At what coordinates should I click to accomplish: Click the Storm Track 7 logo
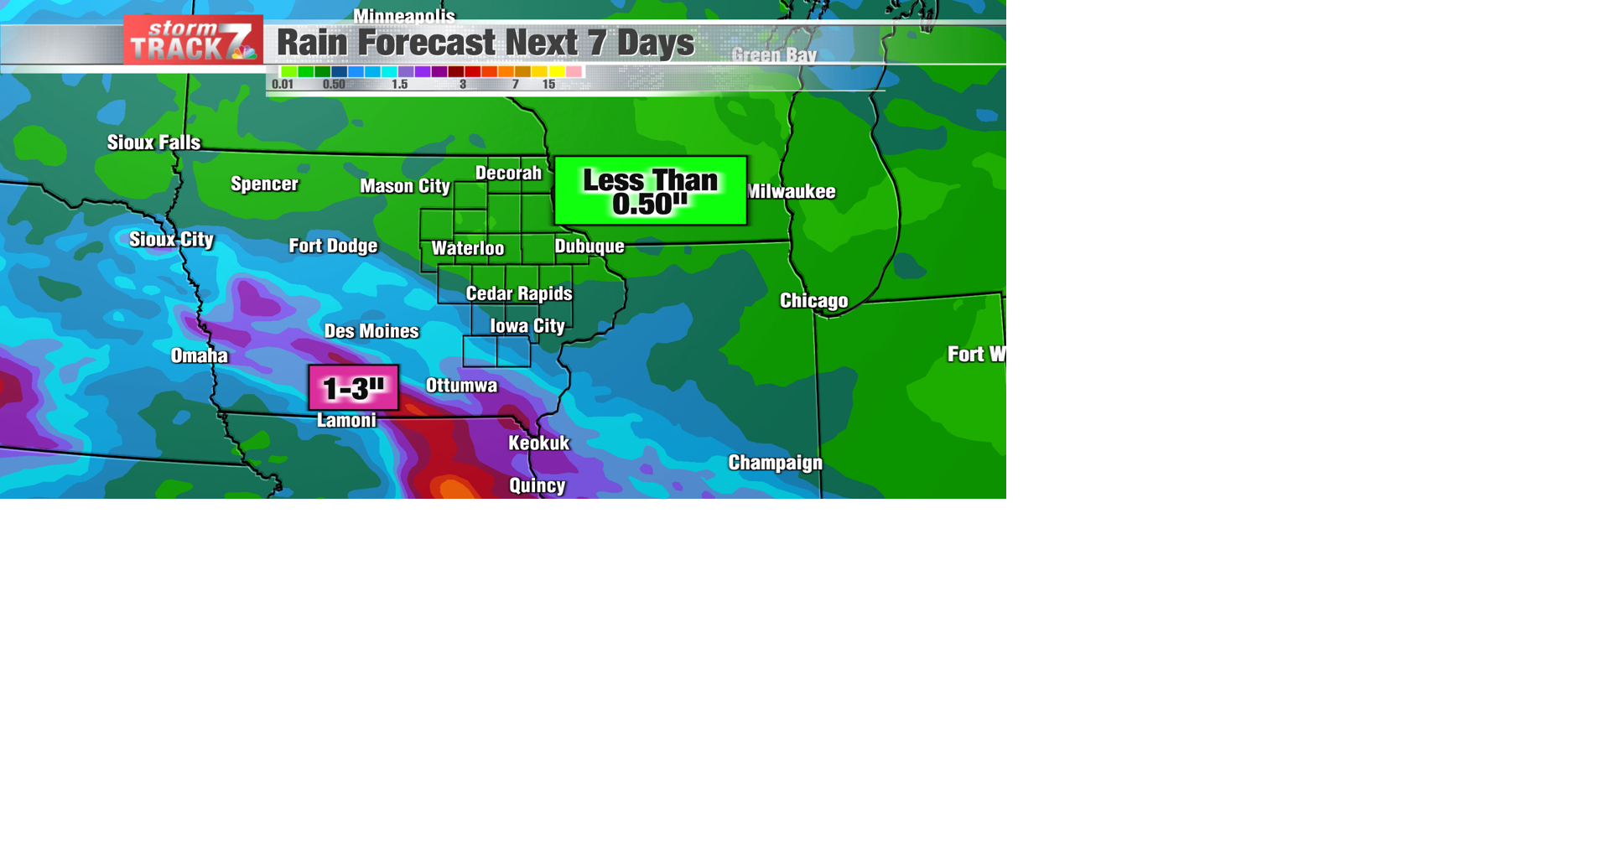click(193, 40)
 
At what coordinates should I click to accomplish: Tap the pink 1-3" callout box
click(353, 388)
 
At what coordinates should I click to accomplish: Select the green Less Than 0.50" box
click(650, 191)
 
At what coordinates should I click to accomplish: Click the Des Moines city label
click(371, 331)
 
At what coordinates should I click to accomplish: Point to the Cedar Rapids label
click(519, 293)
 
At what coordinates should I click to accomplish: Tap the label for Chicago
click(813, 301)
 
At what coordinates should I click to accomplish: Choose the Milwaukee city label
click(792, 192)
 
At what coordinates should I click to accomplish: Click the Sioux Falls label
click(153, 143)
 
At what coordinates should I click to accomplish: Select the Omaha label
click(200, 356)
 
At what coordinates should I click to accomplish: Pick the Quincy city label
click(538, 485)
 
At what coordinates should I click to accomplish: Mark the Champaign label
click(775, 463)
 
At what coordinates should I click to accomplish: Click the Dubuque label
click(589, 246)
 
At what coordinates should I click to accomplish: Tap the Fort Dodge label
click(333, 246)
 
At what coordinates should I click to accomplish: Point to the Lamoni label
click(346, 421)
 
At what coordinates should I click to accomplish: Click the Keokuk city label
click(538, 443)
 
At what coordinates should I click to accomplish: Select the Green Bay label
click(774, 55)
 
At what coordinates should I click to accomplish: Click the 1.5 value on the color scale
click(399, 85)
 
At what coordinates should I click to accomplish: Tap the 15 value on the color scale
click(548, 85)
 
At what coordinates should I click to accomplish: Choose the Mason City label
click(405, 186)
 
